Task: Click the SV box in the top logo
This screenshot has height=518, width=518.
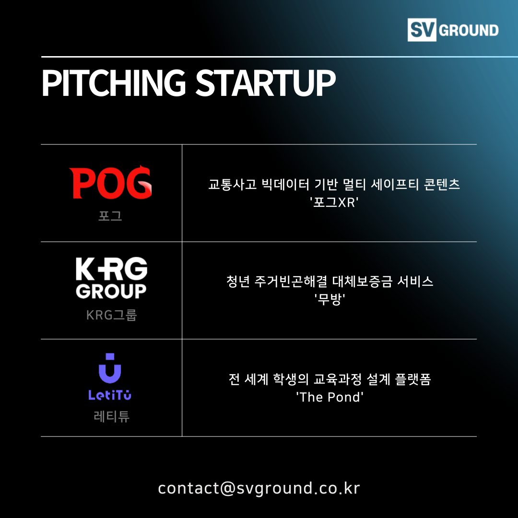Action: (x=422, y=30)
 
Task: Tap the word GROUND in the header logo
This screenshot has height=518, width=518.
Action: (x=469, y=30)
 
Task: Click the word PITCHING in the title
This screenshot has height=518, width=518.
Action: (x=114, y=83)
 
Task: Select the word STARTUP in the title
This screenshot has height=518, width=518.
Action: (x=265, y=83)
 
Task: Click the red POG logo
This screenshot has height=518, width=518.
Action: (x=111, y=182)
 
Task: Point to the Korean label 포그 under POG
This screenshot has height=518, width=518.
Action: (x=110, y=216)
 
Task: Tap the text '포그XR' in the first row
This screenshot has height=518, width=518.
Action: (x=334, y=202)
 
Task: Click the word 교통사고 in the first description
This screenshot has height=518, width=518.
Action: (x=233, y=184)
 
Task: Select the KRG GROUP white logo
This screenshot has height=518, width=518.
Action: (x=111, y=278)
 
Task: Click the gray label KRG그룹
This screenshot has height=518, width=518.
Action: (x=112, y=315)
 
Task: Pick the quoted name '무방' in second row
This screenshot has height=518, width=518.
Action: (x=330, y=300)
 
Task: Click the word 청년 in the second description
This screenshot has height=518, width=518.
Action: (x=238, y=282)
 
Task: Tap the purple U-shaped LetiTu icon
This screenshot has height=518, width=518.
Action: (x=110, y=368)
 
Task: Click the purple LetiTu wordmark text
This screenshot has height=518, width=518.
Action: (x=110, y=395)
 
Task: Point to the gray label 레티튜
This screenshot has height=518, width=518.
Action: (x=112, y=416)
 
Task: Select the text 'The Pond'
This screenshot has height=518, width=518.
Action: (x=330, y=397)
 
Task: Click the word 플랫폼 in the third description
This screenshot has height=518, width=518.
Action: (x=413, y=379)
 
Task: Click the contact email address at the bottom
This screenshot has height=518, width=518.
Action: (x=259, y=488)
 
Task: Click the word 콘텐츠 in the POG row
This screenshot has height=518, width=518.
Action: (x=442, y=184)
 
